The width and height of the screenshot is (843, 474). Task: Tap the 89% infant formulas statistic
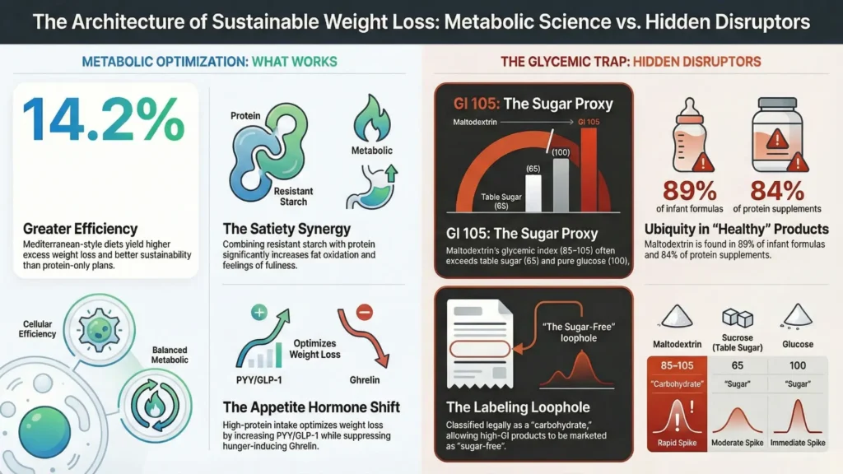[696, 192]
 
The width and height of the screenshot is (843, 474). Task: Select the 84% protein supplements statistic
[776, 192]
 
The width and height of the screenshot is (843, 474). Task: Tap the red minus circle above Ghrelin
[366, 312]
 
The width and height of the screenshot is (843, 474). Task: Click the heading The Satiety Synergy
[287, 229]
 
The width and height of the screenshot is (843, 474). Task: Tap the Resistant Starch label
[293, 196]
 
